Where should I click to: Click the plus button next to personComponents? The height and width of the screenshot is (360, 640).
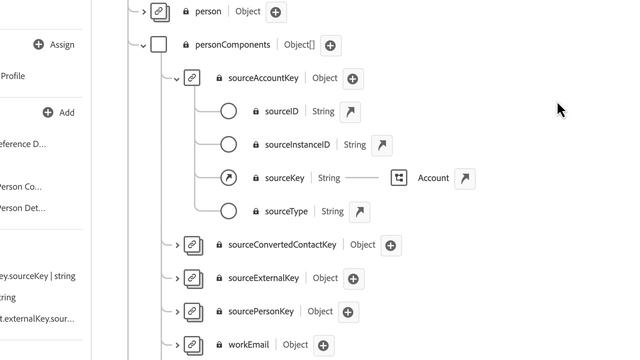point(330,45)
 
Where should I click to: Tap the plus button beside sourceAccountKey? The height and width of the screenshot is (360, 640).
point(353,78)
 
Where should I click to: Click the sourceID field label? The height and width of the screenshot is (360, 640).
point(281,112)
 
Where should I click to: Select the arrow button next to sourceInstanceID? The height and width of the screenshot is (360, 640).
point(382,145)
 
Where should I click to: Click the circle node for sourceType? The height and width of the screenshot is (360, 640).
point(228,211)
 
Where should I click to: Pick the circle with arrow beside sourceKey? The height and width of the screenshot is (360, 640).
point(228,178)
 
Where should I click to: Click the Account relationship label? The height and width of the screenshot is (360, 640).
point(433,178)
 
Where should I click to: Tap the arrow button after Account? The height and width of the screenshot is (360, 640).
point(464,178)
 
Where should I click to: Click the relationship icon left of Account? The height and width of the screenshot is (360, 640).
point(399,178)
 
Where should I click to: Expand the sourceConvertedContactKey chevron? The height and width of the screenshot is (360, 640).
point(177,245)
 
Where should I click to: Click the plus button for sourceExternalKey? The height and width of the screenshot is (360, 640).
point(353,278)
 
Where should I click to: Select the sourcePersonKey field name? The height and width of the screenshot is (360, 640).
point(261,311)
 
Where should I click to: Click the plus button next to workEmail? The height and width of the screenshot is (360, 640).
point(323,345)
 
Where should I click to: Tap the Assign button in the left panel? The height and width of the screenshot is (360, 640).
point(54,45)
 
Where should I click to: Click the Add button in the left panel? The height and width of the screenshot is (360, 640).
point(59,113)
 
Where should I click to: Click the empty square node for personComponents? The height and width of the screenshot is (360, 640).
point(158,45)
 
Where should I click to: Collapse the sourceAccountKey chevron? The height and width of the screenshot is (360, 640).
point(177,78)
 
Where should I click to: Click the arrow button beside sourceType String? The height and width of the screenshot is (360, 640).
point(359,211)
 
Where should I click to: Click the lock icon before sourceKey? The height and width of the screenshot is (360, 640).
point(256,178)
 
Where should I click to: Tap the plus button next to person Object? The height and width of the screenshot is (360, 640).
point(276,12)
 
